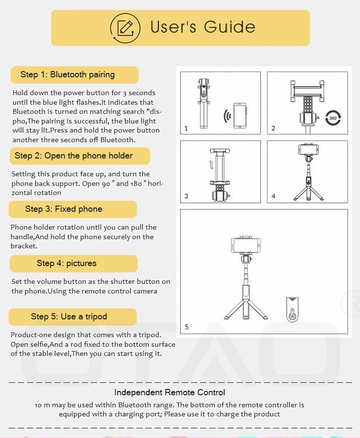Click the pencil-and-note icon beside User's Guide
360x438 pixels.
coord(125,28)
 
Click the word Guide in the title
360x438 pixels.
coord(229,27)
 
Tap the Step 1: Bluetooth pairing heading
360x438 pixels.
coord(67,74)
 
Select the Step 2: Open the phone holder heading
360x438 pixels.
coord(73,156)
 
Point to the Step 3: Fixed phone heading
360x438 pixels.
coord(64,209)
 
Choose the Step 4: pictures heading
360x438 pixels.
coord(66,263)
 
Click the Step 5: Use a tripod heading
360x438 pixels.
coord(69,316)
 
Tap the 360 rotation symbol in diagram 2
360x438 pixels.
coord(333,118)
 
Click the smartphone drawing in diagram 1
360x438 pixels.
coord(240,116)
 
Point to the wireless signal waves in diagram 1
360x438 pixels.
coord(228,116)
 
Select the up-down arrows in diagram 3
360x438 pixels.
coord(211,165)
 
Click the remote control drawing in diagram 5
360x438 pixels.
coord(292,309)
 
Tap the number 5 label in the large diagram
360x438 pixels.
coord(187,327)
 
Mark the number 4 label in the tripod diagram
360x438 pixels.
coord(273,196)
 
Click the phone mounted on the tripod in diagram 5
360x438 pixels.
coord(246,245)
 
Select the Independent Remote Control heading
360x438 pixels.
coord(169,392)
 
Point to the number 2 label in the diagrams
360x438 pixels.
coord(273,128)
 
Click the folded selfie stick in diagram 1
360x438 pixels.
coord(204,103)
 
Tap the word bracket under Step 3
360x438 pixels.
coord(24,246)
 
